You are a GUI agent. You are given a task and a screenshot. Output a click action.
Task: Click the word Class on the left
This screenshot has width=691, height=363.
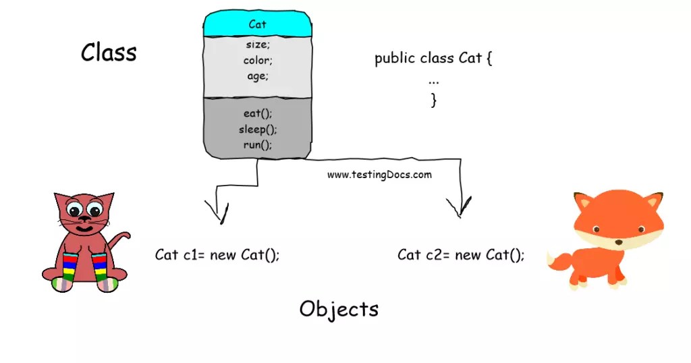(x=109, y=52)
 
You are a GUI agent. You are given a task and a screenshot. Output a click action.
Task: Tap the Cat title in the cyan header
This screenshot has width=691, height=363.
(x=258, y=24)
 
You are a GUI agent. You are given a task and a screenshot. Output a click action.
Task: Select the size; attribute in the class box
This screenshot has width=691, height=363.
(x=257, y=45)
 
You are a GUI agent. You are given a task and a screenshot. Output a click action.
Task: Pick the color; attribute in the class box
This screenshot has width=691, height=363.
(x=257, y=61)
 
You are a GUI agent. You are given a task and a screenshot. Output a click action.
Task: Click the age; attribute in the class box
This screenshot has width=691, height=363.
(x=257, y=76)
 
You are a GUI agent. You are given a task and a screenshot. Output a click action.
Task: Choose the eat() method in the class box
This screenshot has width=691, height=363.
(x=258, y=113)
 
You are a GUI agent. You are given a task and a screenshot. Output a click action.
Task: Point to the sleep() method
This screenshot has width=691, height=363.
(x=258, y=129)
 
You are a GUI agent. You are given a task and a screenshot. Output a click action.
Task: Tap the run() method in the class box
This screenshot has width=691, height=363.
(x=258, y=144)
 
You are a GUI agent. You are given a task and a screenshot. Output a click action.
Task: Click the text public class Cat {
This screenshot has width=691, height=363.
(x=433, y=58)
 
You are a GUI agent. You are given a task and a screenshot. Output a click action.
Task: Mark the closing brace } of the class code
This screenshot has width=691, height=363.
(x=434, y=101)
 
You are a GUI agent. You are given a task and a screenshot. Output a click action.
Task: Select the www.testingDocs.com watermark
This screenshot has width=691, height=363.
(x=379, y=174)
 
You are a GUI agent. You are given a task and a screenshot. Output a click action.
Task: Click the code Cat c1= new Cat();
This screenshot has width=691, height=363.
(x=217, y=255)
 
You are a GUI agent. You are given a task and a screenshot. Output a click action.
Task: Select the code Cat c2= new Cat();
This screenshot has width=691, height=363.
(x=460, y=255)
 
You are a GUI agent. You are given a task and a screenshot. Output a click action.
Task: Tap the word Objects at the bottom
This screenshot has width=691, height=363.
(x=339, y=309)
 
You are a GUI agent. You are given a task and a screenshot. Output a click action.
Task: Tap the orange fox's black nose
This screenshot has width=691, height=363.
(x=617, y=242)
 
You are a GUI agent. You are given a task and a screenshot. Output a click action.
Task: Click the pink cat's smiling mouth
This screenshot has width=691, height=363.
(x=84, y=228)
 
